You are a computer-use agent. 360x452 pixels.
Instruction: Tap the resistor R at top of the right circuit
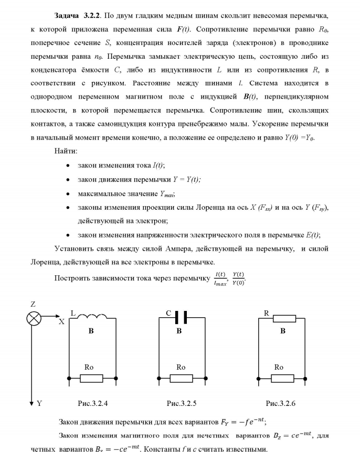(283, 318)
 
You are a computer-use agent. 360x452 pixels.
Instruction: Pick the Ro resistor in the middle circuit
(181, 378)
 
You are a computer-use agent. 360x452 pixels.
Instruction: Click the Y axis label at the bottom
(39, 403)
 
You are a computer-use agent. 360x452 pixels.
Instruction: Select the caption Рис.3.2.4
(92, 403)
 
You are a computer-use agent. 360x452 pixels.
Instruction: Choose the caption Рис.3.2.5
(182, 403)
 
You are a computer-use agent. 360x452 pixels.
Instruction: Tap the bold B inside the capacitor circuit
(179, 331)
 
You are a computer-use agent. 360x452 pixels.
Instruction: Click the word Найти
(66, 151)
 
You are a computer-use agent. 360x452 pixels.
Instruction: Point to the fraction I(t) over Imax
(220, 278)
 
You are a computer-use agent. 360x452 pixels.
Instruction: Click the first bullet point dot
(69, 166)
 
